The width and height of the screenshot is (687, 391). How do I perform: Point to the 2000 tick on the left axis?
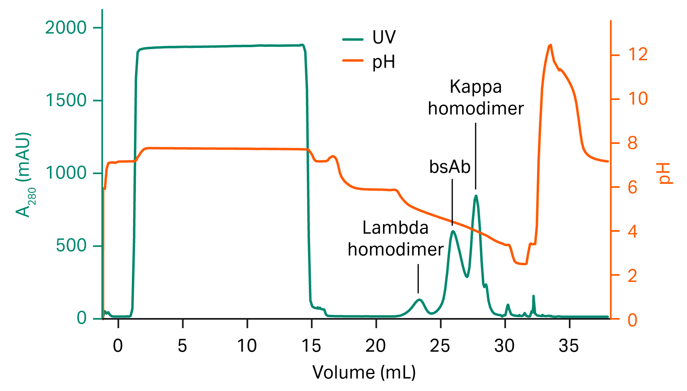click(x=66, y=28)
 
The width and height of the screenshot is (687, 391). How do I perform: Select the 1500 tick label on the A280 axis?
click(x=66, y=100)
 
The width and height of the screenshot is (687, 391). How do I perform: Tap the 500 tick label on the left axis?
click(x=71, y=245)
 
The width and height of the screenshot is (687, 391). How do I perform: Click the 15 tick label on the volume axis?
click(x=311, y=346)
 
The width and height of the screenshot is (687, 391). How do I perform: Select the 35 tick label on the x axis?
click(x=569, y=346)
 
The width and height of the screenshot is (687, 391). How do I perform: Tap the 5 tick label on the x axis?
click(x=183, y=346)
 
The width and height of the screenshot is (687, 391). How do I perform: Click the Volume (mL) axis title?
click(x=364, y=372)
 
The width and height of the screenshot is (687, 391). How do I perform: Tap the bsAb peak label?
click(x=450, y=167)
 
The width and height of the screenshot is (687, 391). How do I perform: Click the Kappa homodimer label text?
click(x=476, y=98)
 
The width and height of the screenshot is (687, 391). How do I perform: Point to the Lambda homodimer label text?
click(x=396, y=239)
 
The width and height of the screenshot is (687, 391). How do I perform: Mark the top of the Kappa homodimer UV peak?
click(x=476, y=196)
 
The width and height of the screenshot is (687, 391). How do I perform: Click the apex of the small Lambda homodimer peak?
click(x=419, y=299)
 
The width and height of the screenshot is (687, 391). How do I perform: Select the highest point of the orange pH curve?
click(x=550, y=45)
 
